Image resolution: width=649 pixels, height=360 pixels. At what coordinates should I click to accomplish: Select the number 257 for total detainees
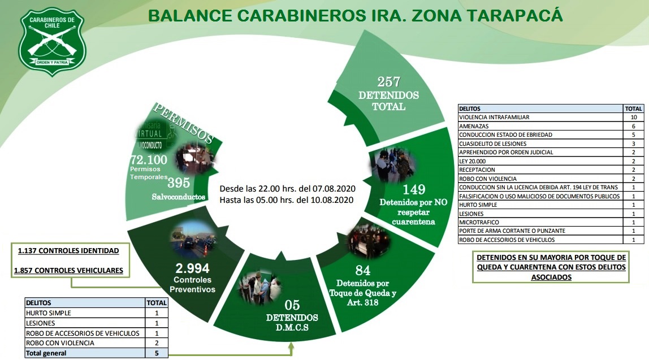pos(388,81)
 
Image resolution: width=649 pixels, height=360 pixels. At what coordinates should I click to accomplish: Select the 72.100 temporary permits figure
pos(149,160)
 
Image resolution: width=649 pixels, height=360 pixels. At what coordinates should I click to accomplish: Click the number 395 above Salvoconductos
pos(178,183)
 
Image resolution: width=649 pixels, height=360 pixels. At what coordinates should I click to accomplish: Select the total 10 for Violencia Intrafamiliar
pos(633,118)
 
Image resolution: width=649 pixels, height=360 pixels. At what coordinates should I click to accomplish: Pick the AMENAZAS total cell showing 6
pos(633,126)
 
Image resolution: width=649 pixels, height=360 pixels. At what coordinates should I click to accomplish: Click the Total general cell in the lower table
pos(46,353)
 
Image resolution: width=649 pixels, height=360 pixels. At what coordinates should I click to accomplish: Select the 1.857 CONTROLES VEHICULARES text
pos(68,270)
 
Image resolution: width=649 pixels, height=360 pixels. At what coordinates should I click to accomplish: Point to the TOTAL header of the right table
pos(633,109)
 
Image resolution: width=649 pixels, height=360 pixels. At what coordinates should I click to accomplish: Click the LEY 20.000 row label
pos(473,161)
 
